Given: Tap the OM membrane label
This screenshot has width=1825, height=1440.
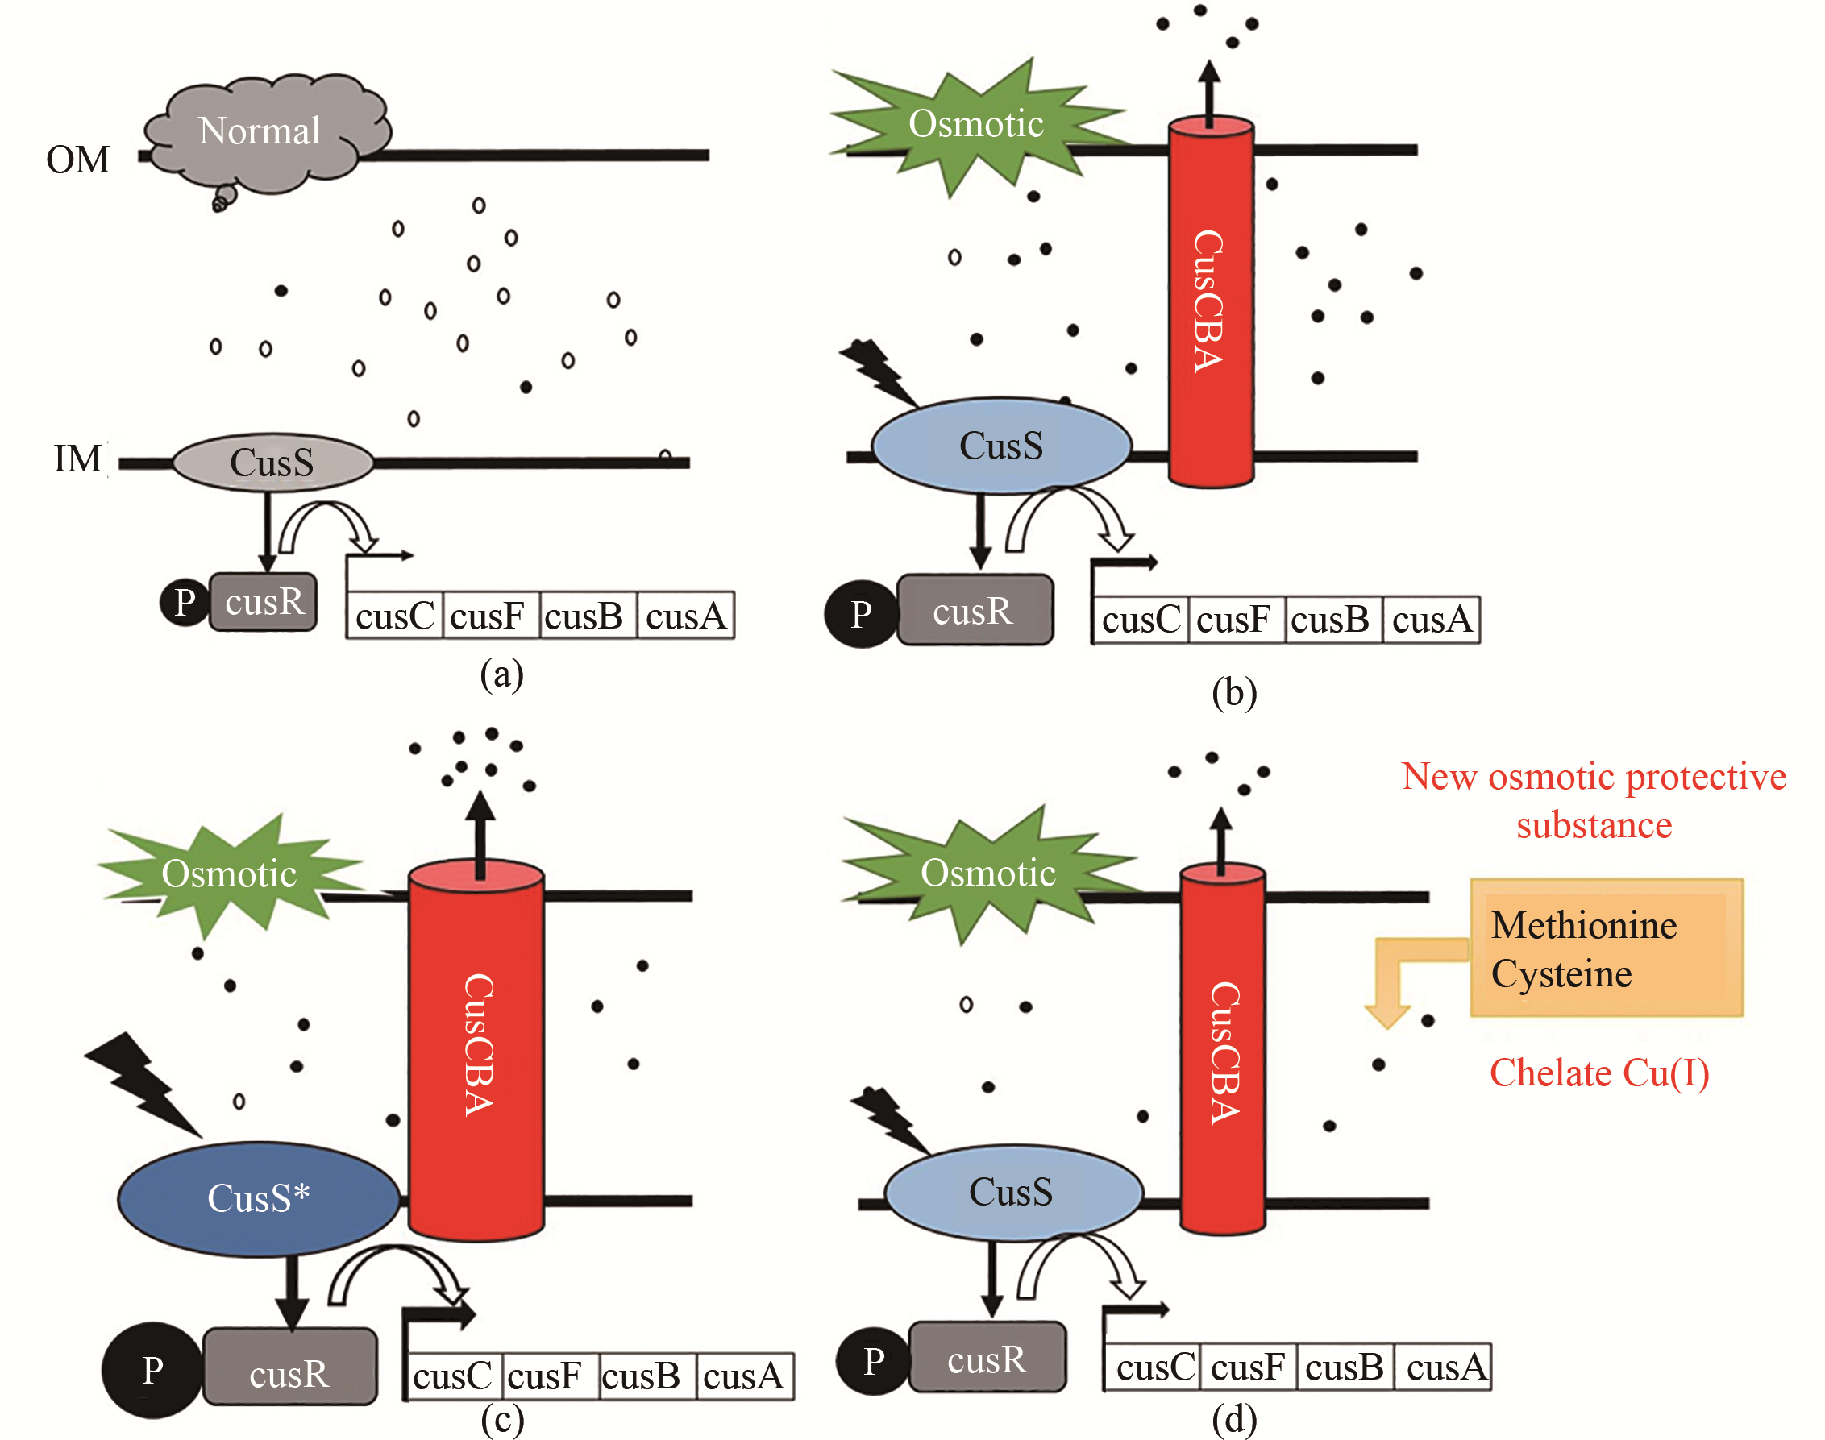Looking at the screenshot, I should pyautogui.click(x=77, y=160).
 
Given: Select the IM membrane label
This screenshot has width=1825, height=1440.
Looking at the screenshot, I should pyautogui.click(x=77, y=459).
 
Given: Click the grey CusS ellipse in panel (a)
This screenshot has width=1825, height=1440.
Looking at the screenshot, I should pyautogui.click(x=272, y=462).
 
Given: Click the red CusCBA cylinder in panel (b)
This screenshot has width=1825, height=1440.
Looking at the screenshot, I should pyautogui.click(x=1210, y=304).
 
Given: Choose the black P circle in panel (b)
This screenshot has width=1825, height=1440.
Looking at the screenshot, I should pyautogui.click(x=860, y=614).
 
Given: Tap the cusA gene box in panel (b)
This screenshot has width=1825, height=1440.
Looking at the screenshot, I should pyautogui.click(x=1432, y=620).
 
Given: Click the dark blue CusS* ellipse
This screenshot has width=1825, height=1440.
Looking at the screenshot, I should pyautogui.click(x=258, y=1198).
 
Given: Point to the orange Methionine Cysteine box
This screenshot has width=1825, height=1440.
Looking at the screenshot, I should pyautogui.click(x=1606, y=948).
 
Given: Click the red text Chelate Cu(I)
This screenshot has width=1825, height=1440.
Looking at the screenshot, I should pyautogui.click(x=1599, y=1073).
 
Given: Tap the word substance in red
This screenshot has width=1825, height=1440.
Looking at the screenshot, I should pyautogui.click(x=1594, y=825).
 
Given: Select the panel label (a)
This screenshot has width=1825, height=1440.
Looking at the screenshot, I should pyautogui.click(x=501, y=674).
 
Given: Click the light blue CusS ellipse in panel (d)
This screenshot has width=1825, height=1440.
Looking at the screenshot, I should pyautogui.click(x=1012, y=1192).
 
